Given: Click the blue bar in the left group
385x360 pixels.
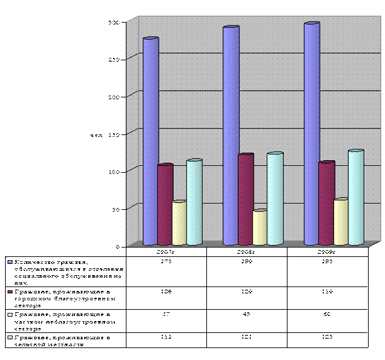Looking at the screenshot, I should (150, 141).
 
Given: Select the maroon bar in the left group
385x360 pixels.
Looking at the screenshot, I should (165, 204).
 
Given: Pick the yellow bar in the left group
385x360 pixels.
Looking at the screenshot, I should (179, 223).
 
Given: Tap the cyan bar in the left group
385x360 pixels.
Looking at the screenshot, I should (194, 202).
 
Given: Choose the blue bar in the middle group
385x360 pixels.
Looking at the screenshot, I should (230, 136).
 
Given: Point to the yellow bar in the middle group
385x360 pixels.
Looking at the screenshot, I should (259, 227).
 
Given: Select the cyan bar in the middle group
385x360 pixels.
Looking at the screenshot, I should (274, 199).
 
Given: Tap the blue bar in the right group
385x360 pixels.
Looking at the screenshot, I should (311, 134).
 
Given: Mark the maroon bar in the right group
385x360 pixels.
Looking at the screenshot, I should (326, 203).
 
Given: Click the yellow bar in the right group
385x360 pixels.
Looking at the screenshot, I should (340, 222).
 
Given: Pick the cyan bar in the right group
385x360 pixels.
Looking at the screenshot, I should (355, 197).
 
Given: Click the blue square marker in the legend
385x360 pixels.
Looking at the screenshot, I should (10, 262).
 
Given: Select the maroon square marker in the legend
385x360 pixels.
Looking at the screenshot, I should (10, 292).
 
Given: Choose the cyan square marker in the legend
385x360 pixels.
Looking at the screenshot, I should (10, 338).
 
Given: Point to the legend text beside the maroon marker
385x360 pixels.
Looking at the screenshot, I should (57, 295).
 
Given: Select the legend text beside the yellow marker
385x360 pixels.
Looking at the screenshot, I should (57, 317).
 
